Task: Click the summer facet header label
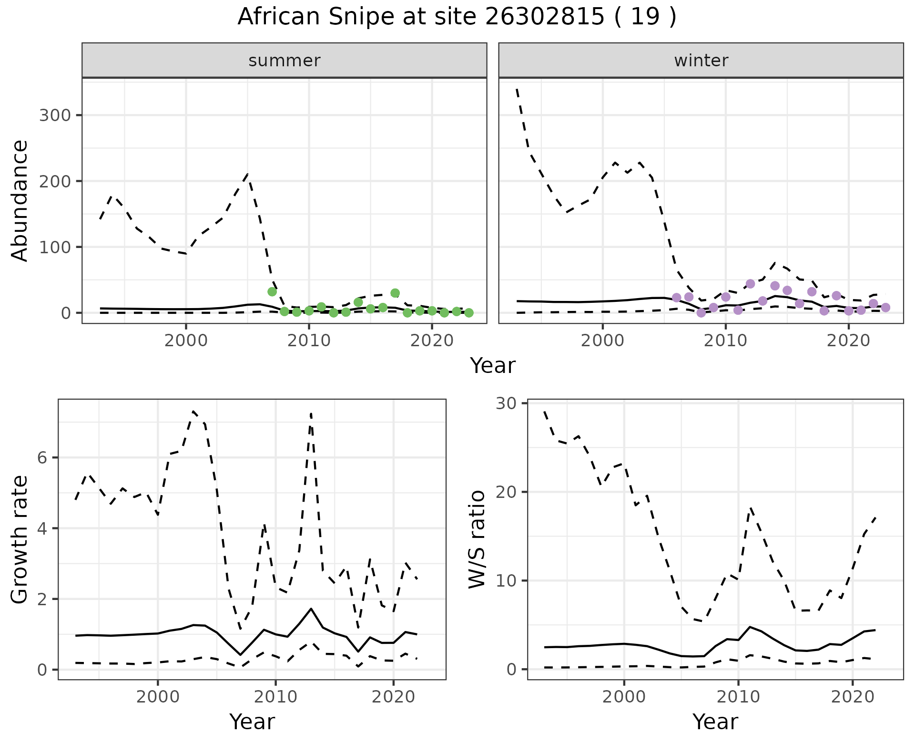pyautogui.click(x=285, y=61)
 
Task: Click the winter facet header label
pyautogui.click(x=701, y=61)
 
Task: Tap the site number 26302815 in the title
pyautogui.click(x=544, y=17)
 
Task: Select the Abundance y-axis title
pyautogui.click(x=20, y=200)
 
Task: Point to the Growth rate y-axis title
pyautogui.click(x=20, y=539)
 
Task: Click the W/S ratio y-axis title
pyautogui.click(x=477, y=539)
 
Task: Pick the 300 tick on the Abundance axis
pyautogui.click(x=54, y=115)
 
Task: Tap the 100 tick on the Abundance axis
pyautogui.click(x=54, y=247)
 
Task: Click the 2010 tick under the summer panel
pyautogui.click(x=309, y=341)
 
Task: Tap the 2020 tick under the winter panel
pyautogui.click(x=848, y=341)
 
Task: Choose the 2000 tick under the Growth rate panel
pyautogui.click(x=158, y=697)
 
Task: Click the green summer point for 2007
pyautogui.click(x=272, y=292)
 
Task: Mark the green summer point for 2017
pyautogui.click(x=395, y=293)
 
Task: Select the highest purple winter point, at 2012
pyautogui.click(x=750, y=284)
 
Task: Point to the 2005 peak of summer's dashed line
pyautogui.click(x=247, y=175)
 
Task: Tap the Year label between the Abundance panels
pyautogui.click(x=493, y=366)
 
